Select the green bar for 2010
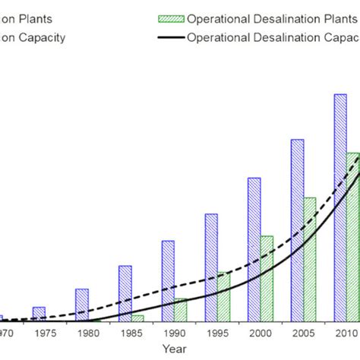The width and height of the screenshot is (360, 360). (x=353, y=235)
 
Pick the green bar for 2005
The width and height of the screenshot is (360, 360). (x=310, y=258)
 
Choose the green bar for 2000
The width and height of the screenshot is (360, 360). (x=267, y=277)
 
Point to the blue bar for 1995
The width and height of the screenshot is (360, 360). (x=211, y=267)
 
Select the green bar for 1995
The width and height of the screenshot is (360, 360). (x=224, y=295)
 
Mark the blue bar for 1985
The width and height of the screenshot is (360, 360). (x=125, y=292)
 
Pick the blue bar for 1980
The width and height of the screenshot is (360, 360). (x=82, y=304)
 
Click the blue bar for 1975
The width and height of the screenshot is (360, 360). (x=39, y=313)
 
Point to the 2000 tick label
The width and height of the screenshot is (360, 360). (x=260, y=332)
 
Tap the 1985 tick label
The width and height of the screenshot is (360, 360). (x=131, y=332)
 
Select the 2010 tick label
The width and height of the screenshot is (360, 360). (x=346, y=332)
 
